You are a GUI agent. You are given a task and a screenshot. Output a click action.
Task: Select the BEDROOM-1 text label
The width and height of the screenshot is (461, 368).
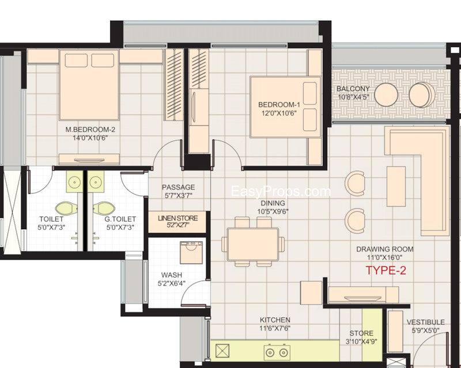coord(279,104)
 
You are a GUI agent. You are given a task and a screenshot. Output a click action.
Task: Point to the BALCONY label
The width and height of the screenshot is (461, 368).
coord(353,89)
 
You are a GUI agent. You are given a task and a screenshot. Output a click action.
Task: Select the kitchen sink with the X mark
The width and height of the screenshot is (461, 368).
coord(222,351)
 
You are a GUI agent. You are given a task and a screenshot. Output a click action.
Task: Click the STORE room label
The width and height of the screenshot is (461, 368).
coord(361,333)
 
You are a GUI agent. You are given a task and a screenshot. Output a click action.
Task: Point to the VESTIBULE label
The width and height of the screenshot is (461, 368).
coord(425,322)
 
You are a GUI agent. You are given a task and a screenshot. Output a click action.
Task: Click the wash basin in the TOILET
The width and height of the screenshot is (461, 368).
coord(73,183)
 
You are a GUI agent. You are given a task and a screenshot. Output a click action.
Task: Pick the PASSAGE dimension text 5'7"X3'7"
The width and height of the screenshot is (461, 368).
coord(178,196)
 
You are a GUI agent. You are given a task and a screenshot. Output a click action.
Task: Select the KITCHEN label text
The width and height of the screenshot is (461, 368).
coord(274,320)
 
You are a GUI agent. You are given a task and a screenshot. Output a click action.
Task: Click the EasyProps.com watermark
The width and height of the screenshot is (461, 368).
coord(281,192)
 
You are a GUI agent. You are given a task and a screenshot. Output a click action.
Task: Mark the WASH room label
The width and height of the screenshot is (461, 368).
coord(172,275)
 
